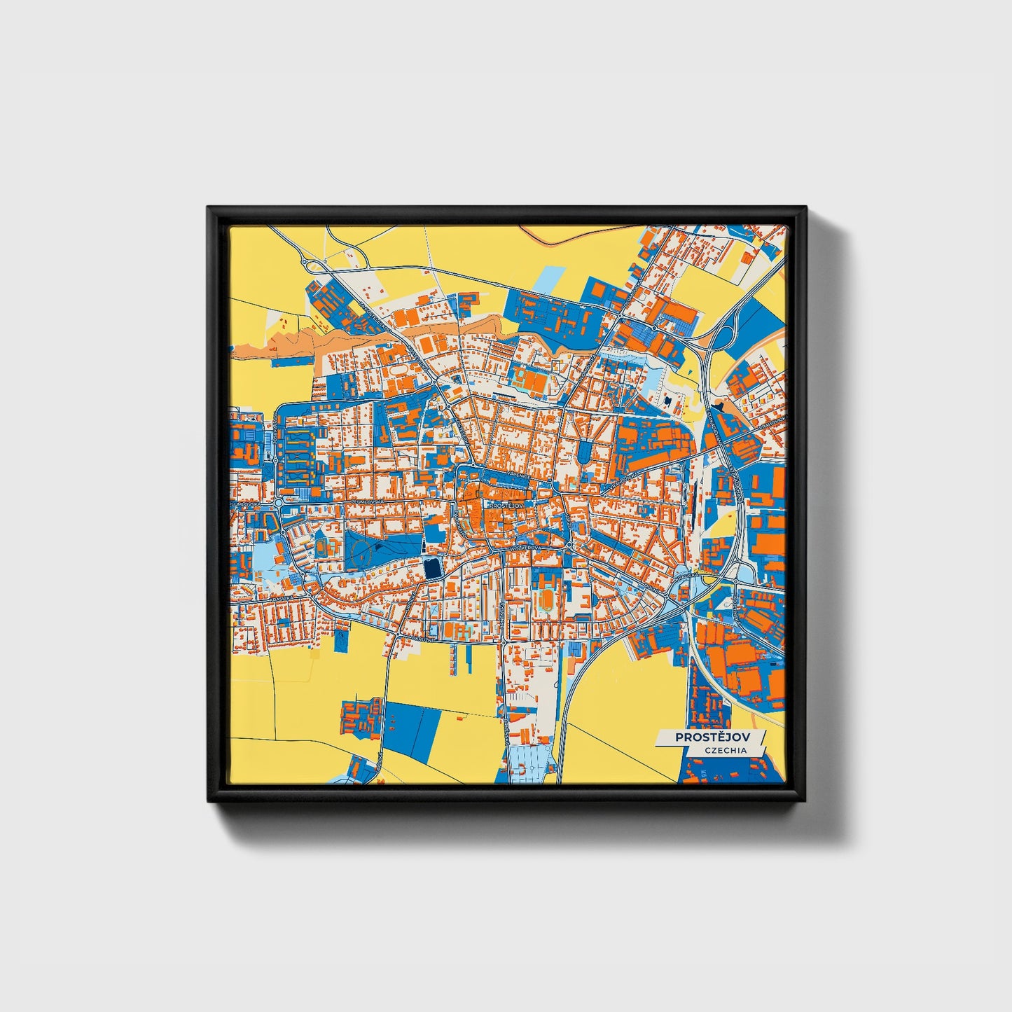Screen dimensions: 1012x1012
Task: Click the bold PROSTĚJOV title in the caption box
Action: (710, 737)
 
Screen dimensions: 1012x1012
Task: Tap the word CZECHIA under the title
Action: (726, 750)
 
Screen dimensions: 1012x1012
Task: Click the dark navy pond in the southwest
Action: (432, 569)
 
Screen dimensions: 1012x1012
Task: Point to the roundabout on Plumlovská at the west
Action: (279, 503)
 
